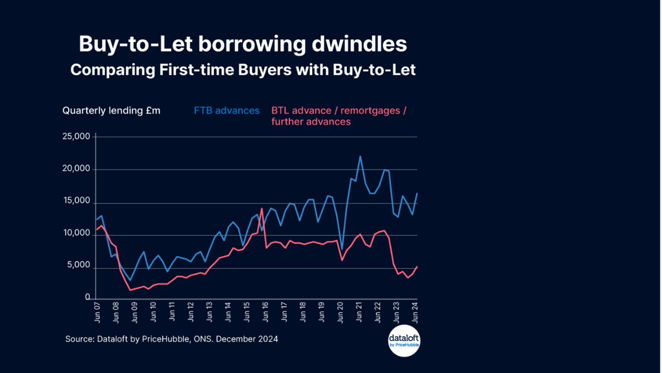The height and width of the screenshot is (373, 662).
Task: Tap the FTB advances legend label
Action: (x=227, y=111)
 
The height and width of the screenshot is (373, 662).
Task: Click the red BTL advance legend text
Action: (x=338, y=116)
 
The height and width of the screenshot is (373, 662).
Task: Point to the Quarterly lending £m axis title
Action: (x=111, y=111)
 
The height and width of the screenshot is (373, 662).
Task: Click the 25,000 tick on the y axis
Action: (x=76, y=137)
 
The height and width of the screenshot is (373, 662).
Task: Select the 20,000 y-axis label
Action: (x=76, y=169)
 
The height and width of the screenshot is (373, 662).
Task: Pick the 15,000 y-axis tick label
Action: (x=76, y=201)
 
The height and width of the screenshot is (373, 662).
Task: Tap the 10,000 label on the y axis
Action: (x=76, y=234)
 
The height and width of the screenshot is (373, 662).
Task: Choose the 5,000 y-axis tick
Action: (x=79, y=265)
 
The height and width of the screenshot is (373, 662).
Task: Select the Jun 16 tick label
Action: (x=265, y=312)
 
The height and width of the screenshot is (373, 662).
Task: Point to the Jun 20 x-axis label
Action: (x=340, y=312)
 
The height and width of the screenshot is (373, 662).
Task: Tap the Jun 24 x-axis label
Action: (x=415, y=312)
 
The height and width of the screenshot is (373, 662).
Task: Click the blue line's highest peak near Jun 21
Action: (x=360, y=156)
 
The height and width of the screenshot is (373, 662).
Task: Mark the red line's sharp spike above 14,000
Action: (x=262, y=209)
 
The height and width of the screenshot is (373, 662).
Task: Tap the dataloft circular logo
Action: (x=404, y=341)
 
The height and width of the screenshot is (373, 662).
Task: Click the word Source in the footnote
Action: (x=79, y=339)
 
